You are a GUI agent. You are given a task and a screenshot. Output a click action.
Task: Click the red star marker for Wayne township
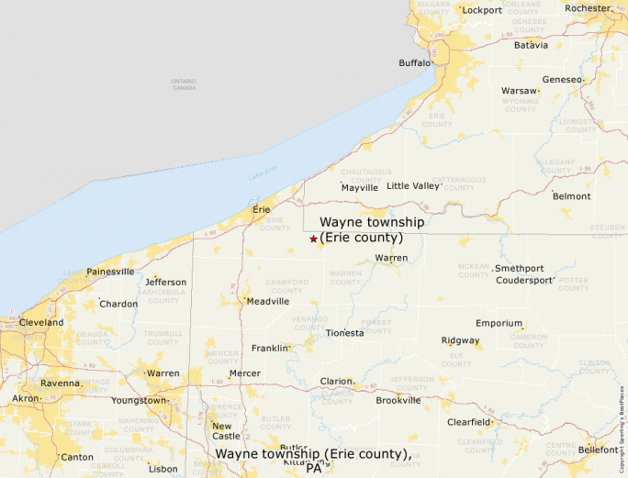click(x=313, y=239)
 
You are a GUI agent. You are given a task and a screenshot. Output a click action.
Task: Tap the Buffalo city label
click(x=414, y=63)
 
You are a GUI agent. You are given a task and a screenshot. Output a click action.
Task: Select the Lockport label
click(x=482, y=11)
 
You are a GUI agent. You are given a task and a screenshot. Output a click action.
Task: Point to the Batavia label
click(x=531, y=45)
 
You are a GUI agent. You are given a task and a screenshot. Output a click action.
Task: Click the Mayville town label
click(x=359, y=188)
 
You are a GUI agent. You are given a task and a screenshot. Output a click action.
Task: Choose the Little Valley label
click(x=414, y=185)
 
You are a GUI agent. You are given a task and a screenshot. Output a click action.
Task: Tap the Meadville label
click(x=267, y=301)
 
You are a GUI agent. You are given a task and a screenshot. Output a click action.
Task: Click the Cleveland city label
click(x=42, y=323)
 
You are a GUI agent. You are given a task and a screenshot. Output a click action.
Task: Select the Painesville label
click(x=110, y=272)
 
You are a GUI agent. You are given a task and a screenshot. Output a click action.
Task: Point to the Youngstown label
click(x=139, y=401)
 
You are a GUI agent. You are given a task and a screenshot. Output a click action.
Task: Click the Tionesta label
click(x=344, y=333)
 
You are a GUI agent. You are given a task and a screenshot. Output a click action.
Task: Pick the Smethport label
click(x=520, y=269)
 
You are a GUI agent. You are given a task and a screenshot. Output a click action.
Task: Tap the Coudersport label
click(x=525, y=281)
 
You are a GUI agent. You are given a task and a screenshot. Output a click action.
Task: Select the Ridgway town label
click(x=460, y=340)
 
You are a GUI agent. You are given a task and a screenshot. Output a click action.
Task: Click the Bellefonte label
click(x=599, y=450)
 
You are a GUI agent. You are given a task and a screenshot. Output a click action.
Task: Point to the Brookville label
click(x=398, y=400)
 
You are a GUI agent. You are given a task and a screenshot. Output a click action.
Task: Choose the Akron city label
click(x=26, y=399)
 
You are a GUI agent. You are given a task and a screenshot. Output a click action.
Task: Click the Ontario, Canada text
click(x=184, y=84)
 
